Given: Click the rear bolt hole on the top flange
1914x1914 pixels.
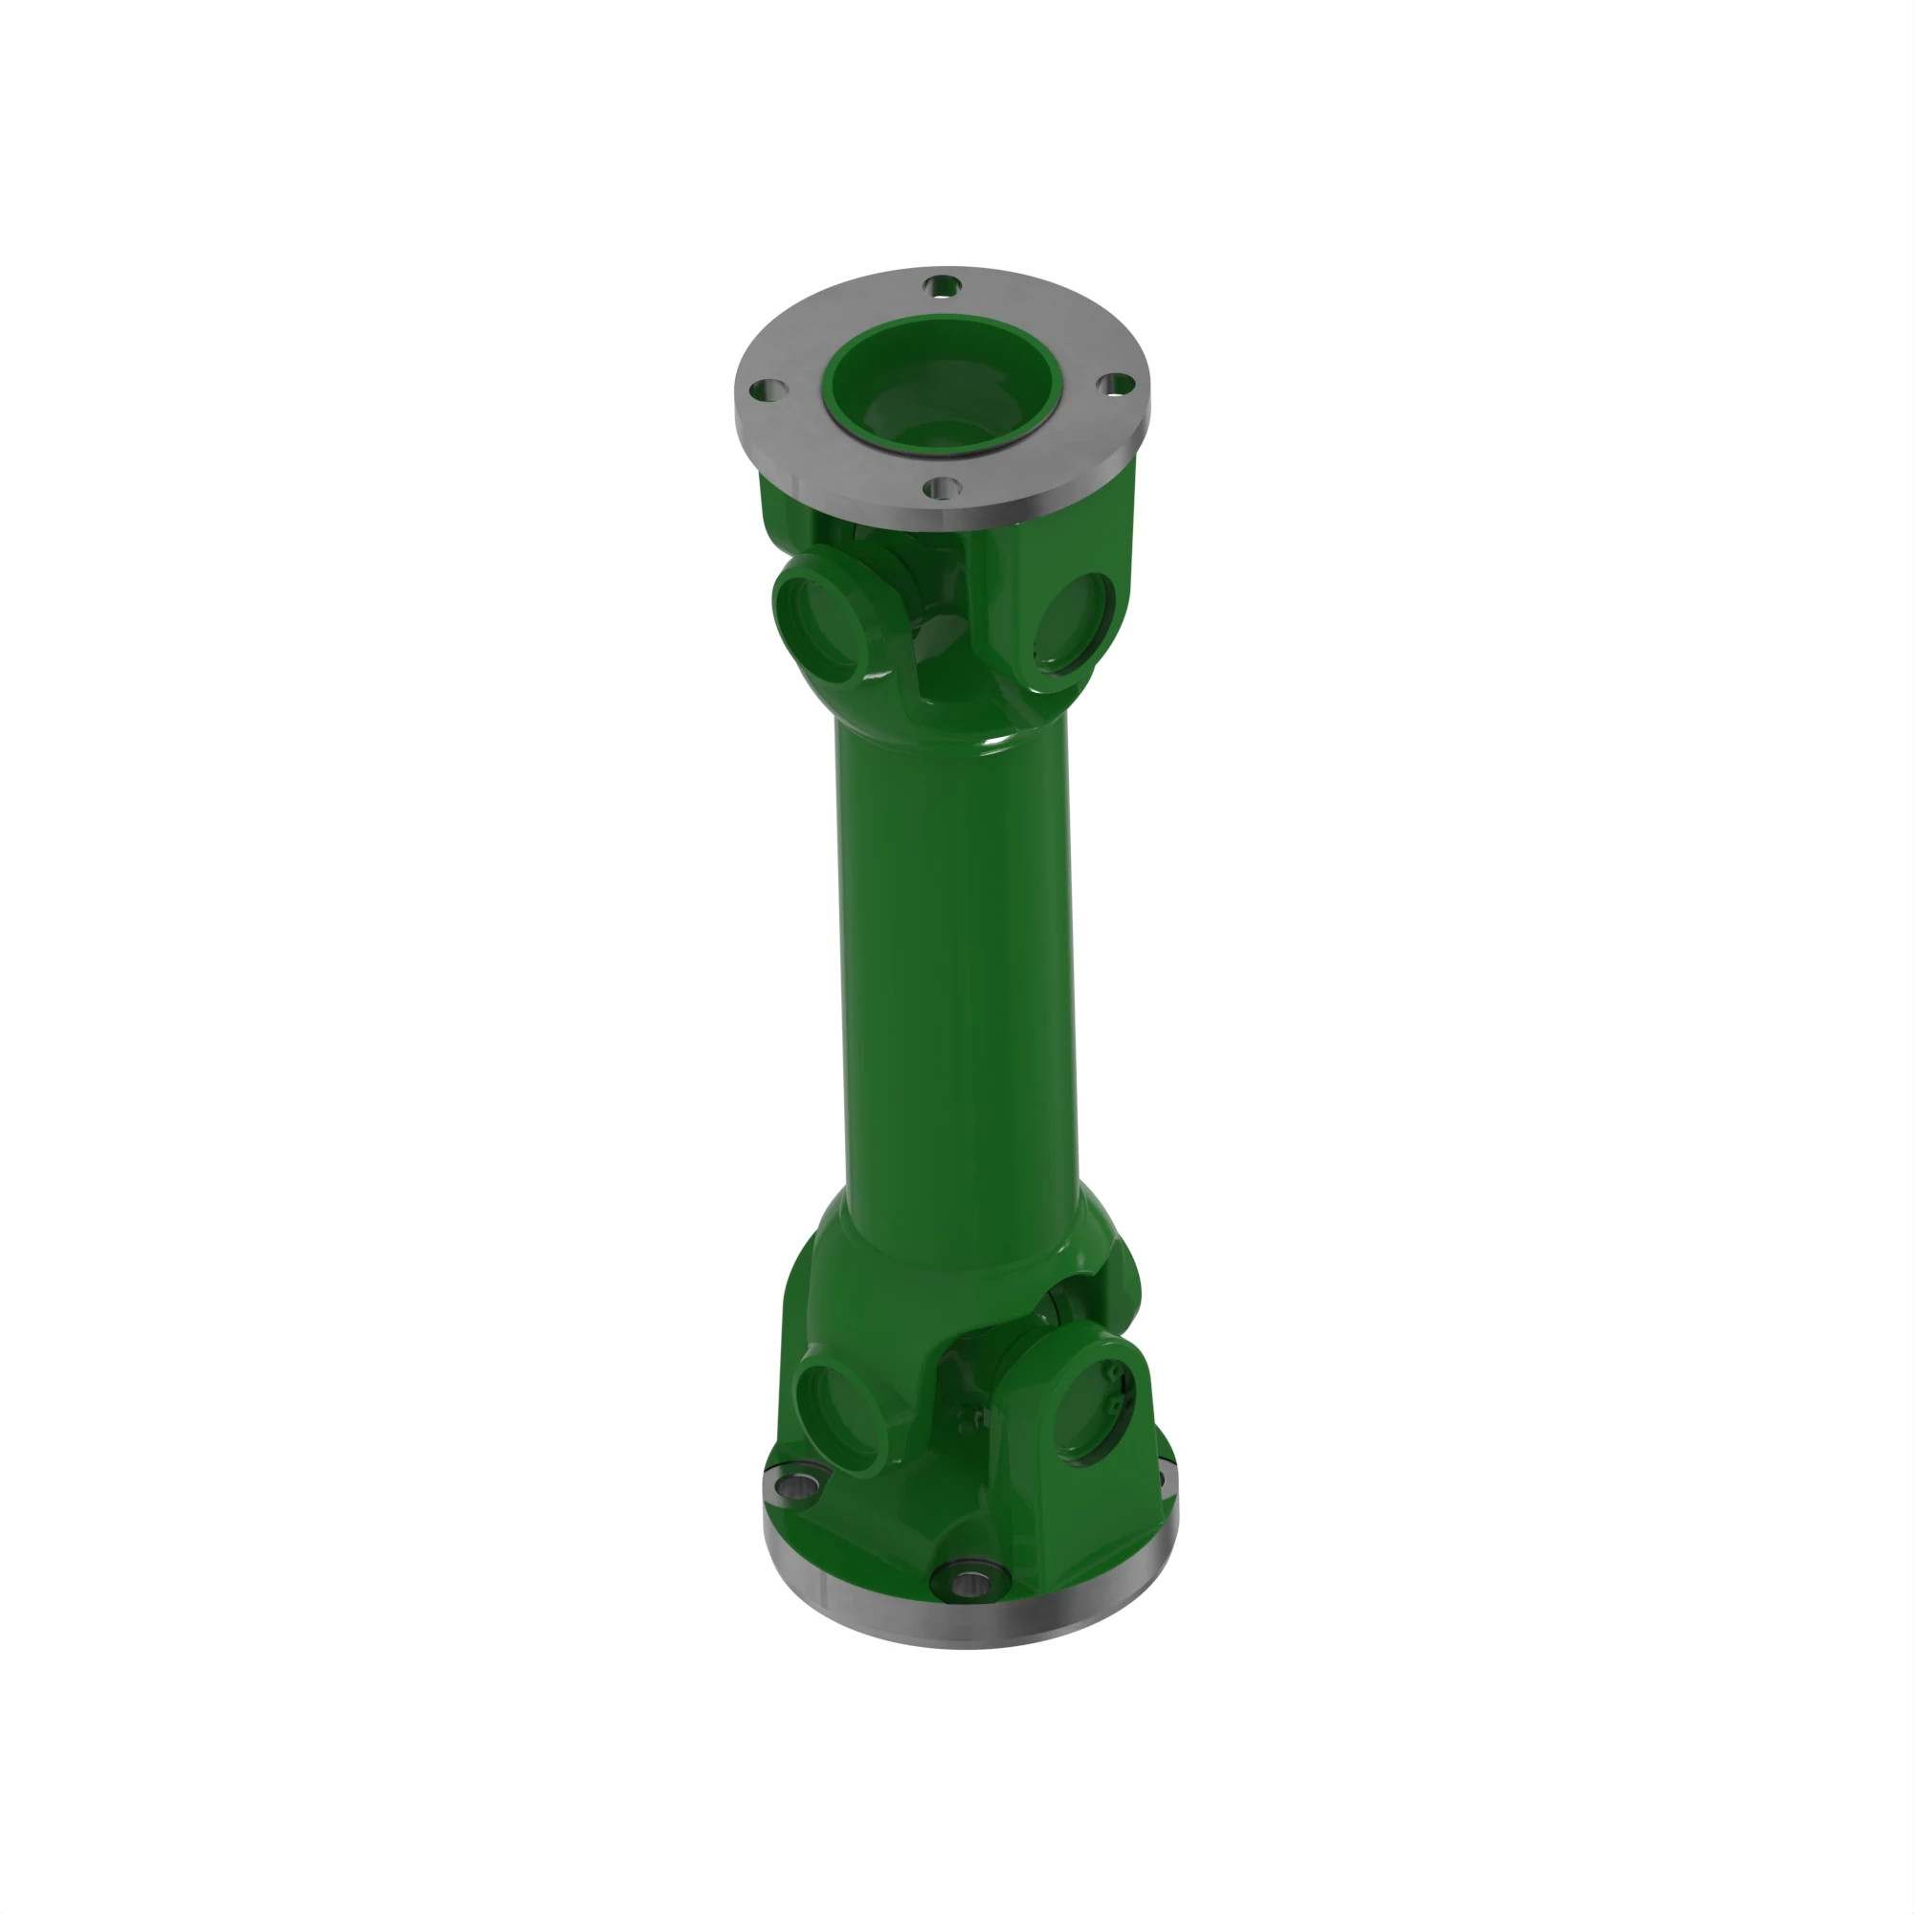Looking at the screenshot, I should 942,286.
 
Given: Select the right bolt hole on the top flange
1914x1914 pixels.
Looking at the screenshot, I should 1117,384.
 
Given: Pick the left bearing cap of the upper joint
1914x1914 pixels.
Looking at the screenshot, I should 818,618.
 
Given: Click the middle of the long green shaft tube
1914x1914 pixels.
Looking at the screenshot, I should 957,961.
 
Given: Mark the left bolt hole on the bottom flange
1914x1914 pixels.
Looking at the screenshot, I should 797,1483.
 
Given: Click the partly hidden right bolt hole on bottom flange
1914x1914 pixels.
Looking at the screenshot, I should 1161,1480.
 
